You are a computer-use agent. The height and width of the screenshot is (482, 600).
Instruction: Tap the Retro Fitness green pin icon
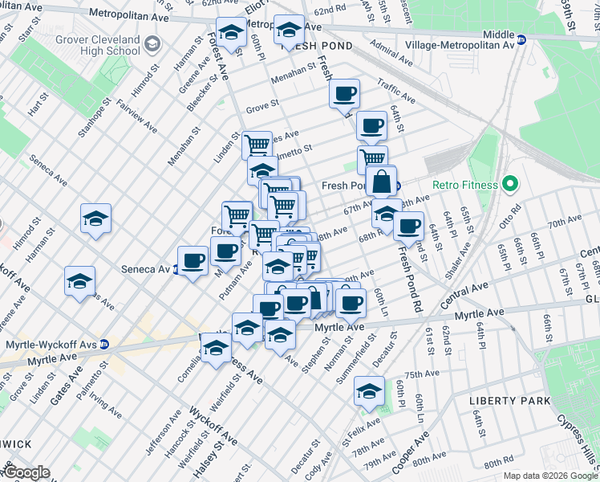pyautogui.click(x=508, y=185)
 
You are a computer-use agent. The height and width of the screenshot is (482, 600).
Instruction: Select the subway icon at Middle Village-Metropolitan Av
pyautogui.click(x=521, y=39)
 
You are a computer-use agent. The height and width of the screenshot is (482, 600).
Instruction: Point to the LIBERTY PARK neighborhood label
pyautogui.click(x=509, y=400)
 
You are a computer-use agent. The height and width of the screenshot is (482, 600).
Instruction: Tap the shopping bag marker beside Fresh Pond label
pyautogui.click(x=381, y=182)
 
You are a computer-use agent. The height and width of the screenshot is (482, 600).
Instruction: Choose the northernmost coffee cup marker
pyautogui.click(x=345, y=94)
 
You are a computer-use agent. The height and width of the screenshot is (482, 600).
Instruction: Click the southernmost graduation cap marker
pyautogui.click(x=368, y=391)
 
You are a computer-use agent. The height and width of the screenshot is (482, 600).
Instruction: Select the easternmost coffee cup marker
pyautogui.click(x=408, y=227)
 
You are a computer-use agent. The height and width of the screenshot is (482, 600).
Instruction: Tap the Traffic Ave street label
pyautogui.click(x=396, y=90)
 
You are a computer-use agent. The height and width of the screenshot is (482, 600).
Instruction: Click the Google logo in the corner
pyautogui.click(x=26, y=472)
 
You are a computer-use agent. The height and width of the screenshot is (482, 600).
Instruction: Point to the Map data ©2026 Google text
pyautogui.click(x=550, y=476)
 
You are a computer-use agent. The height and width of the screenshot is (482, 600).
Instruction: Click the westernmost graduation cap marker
pyautogui.click(x=79, y=281)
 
